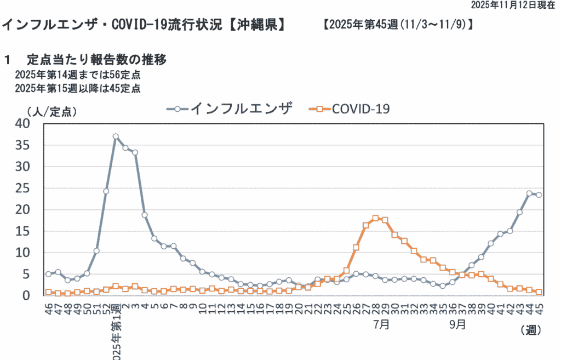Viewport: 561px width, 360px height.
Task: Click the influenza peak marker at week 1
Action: (x=116, y=136)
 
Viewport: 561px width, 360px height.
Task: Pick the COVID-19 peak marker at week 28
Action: (x=375, y=219)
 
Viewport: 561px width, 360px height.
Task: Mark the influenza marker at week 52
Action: (x=106, y=191)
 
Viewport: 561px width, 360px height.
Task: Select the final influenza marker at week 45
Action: (x=539, y=195)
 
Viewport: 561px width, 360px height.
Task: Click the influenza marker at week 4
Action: (x=145, y=215)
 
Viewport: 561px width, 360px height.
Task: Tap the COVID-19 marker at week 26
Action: (x=356, y=248)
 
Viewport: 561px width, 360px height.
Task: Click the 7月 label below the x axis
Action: (x=382, y=324)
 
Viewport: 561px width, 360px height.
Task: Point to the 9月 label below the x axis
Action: (x=458, y=324)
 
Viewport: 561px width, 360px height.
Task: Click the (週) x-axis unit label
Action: (x=529, y=330)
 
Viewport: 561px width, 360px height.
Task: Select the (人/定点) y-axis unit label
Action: (x=50, y=111)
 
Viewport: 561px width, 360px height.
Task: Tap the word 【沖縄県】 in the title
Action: (x=255, y=25)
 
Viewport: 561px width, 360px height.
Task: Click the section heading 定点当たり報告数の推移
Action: (x=96, y=59)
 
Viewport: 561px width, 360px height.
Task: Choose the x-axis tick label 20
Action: (x=299, y=307)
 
